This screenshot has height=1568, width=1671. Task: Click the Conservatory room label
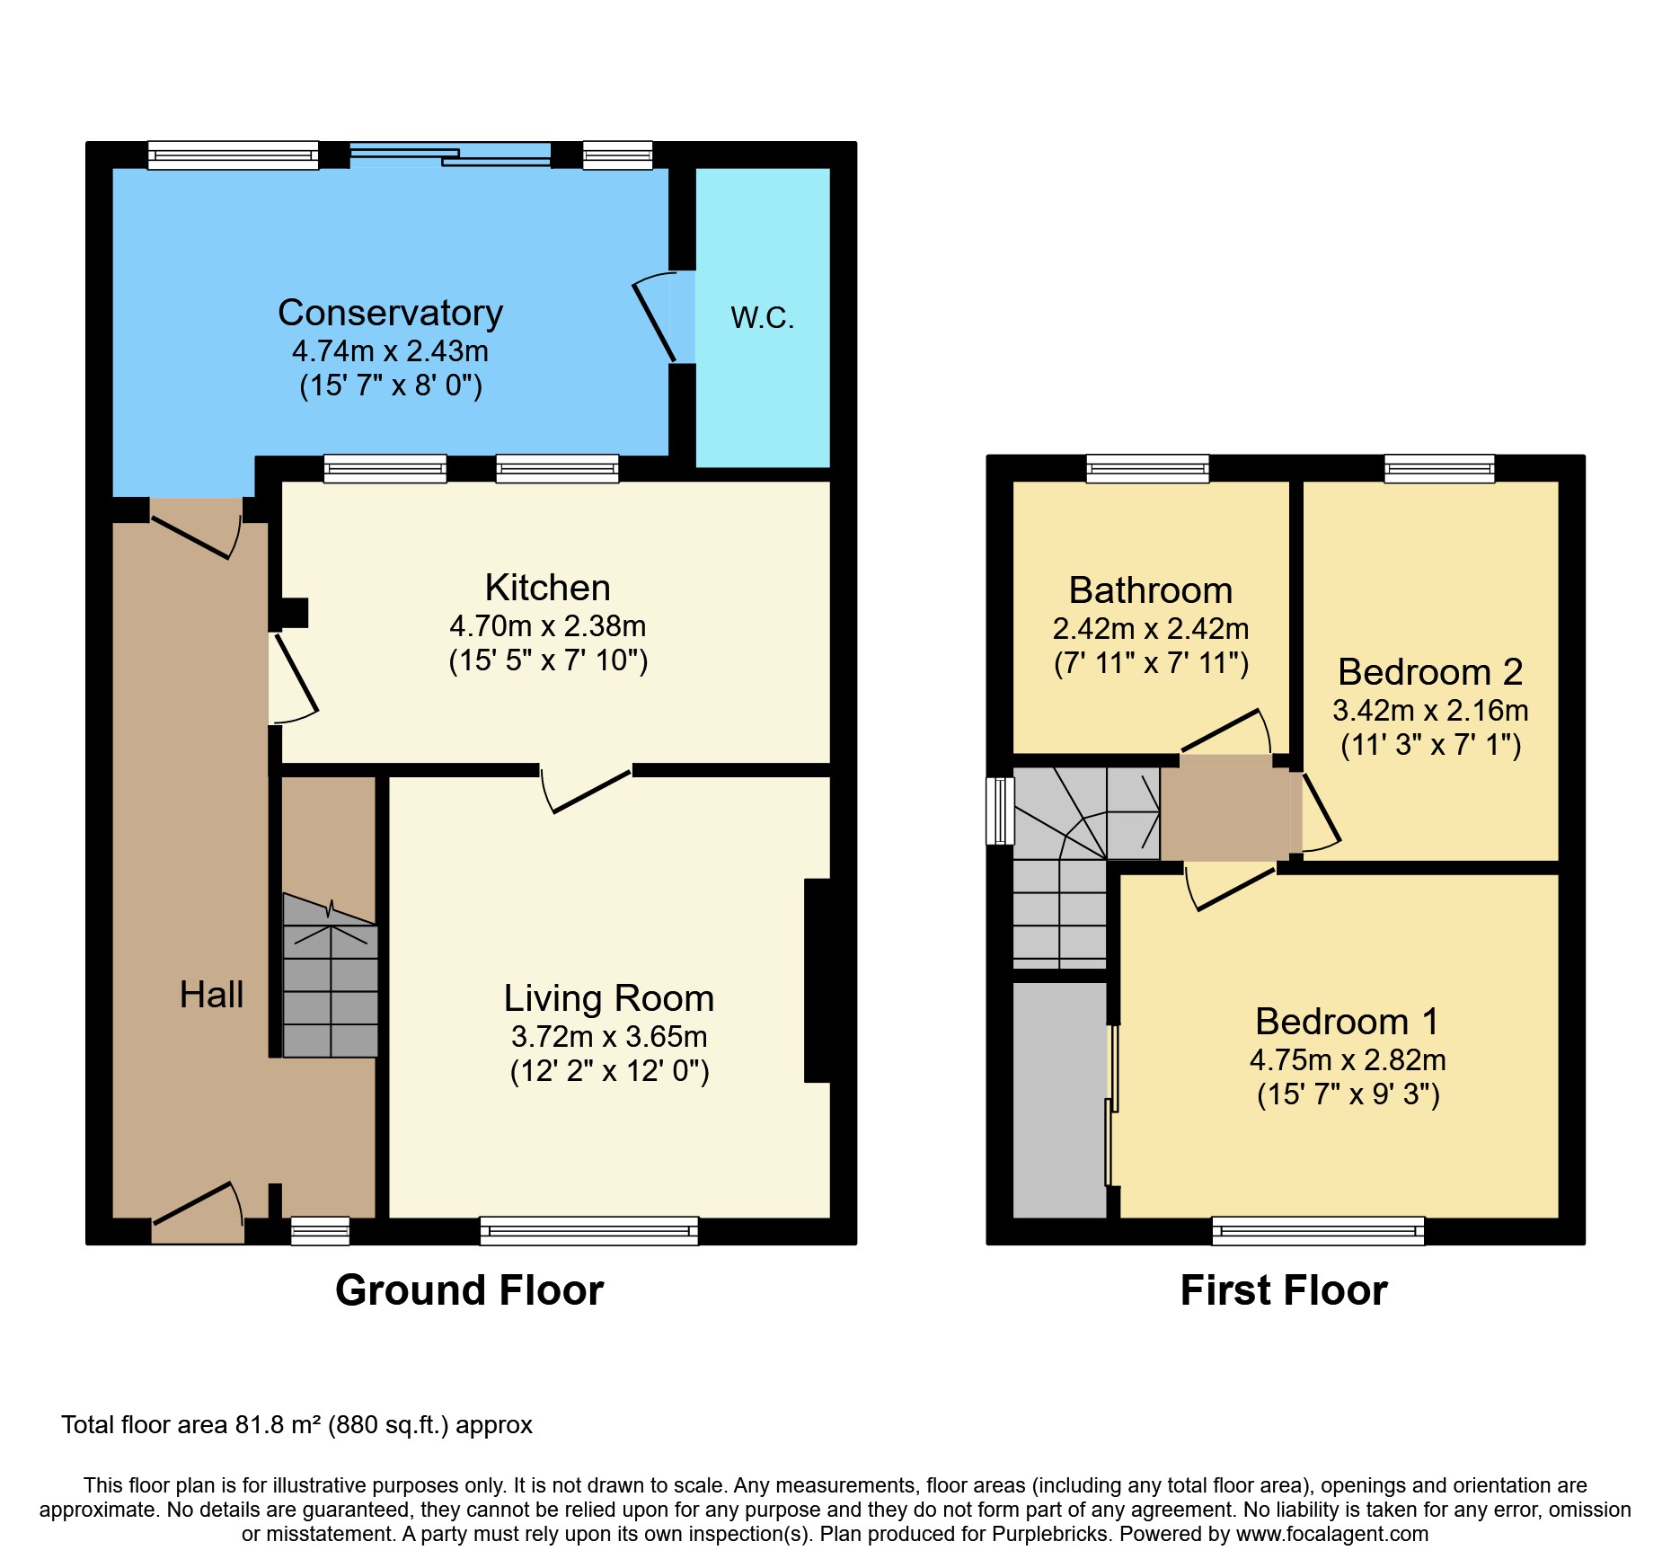[390, 313]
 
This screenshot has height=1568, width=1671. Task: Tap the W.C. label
[762, 318]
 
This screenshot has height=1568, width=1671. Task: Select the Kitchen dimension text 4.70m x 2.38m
[547, 625]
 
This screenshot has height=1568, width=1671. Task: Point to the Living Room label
[608, 998]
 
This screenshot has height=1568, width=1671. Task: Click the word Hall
[211, 995]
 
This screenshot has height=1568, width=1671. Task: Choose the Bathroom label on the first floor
[1150, 590]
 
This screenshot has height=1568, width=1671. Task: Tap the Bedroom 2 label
[1429, 672]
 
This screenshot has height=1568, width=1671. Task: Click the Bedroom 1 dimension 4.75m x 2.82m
[1347, 1060]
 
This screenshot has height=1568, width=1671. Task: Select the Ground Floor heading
[469, 1290]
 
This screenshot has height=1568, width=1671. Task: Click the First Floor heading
[1283, 1290]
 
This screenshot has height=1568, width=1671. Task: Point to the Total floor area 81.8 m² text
[296, 1425]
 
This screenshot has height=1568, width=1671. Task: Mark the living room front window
[588, 1230]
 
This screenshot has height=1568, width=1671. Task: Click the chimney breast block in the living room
[818, 979]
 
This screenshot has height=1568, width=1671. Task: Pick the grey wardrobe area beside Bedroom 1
[1059, 1100]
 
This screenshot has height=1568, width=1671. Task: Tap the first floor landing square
[1225, 807]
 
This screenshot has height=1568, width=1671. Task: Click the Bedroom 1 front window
[1317, 1230]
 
